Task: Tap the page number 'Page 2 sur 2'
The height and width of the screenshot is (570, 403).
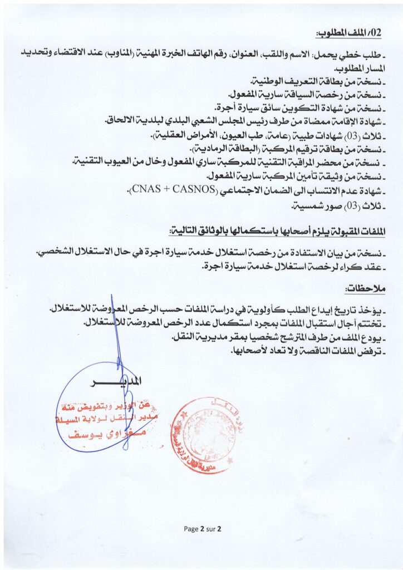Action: click(203, 529)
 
